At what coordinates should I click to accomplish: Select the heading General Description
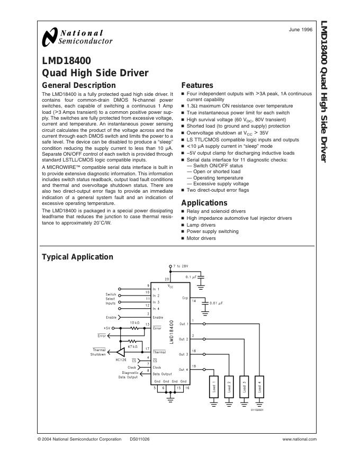tap(78, 85)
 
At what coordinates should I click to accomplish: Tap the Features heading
tap(197, 85)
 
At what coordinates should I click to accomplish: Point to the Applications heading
tap(204, 203)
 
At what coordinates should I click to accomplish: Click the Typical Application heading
tap(77, 257)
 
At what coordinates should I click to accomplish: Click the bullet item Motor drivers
tap(201, 238)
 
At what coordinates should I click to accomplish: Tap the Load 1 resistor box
tap(214, 387)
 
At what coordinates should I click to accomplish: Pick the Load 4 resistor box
tap(259, 387)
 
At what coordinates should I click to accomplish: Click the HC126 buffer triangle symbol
tap(122, 352)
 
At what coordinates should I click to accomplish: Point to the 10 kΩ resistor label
tap(135, 322)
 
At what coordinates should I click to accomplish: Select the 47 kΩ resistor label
tap(132, 346)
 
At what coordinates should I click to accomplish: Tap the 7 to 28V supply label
tap(182, 266)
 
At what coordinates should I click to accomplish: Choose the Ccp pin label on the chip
tap(185, 298)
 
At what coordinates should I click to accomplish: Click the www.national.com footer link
tap(299, 439)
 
